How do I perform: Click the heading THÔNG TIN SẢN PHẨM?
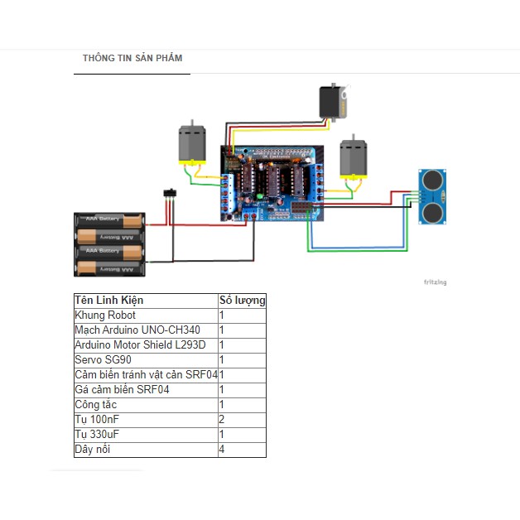click(132, 59)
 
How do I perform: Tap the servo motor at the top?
click(336, 102)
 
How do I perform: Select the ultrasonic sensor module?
click(433, 197)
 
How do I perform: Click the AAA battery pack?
click(110, 243)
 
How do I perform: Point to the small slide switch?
click(171, 194)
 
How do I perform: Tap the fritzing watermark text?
click(435, 282)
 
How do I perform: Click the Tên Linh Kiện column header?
click(109, 301)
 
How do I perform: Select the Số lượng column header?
click(242, 301)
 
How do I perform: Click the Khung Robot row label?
click(105, 315)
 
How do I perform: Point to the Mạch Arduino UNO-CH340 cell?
click(137, 330)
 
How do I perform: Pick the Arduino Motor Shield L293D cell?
click(140, 345)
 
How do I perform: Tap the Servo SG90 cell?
click(103, 360)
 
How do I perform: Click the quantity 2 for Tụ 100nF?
click(222, 420)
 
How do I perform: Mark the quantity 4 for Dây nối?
click(222, 450)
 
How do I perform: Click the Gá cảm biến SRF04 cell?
click(122, 390)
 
